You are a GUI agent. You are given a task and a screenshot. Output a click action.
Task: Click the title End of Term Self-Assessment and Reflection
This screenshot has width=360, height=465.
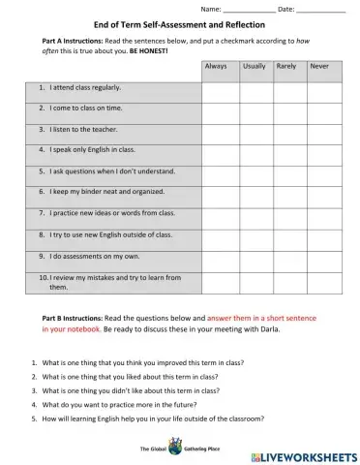click(179, 24)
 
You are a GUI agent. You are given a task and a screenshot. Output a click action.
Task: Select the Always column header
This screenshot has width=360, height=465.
click(219, 67)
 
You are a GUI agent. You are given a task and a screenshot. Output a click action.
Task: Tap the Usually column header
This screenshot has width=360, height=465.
click(255, 67)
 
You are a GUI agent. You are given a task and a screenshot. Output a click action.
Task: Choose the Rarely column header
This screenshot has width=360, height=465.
click(287, 67)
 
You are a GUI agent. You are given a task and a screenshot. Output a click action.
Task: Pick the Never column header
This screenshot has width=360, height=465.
click(320, 67)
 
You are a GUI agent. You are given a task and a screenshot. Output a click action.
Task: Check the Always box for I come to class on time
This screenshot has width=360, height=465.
click(219, 108)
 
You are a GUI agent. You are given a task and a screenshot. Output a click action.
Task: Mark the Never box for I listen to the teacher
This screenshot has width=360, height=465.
click(322, 129)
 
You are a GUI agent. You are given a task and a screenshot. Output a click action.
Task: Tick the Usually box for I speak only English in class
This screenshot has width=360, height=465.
click(255, 150)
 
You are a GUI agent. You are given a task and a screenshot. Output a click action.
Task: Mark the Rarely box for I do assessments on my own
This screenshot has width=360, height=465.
click(288, 256)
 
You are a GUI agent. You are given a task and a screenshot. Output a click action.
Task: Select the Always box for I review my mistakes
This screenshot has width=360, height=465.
click(219, 281)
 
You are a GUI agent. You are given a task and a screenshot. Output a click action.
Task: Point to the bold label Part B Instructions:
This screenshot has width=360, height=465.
click(72, 318)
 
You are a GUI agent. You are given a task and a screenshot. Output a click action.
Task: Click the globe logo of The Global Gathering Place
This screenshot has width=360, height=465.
click(175, 447)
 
